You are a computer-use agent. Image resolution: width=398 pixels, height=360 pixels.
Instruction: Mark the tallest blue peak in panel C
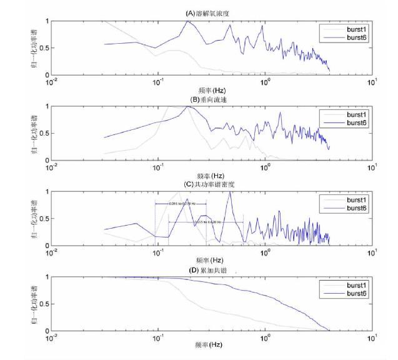point(231,192)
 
